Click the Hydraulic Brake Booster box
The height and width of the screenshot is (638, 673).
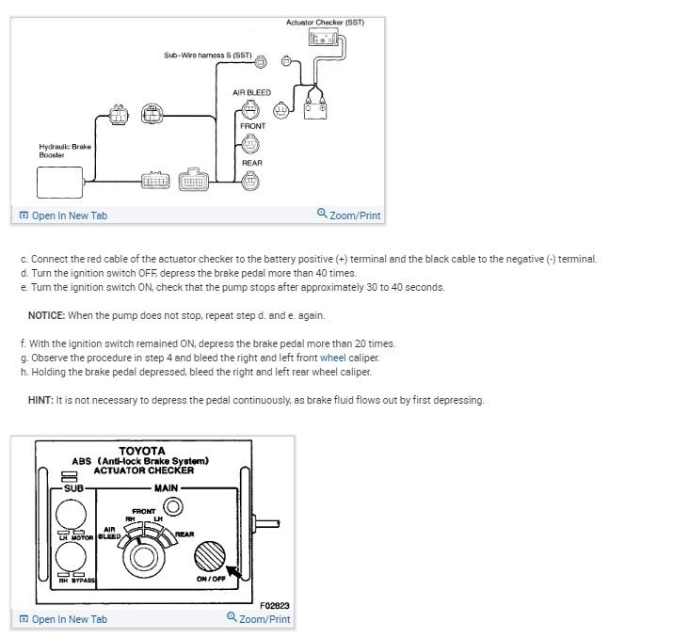pyautogui.click(x=59, y=182)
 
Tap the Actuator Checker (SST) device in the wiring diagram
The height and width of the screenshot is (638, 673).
pyautogui.click(x=324, y=39)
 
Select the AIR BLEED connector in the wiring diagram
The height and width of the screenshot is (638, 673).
pyautogui.click(x=251, y=108)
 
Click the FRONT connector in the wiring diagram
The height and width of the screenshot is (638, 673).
pyautogui.click(x=251, y=144)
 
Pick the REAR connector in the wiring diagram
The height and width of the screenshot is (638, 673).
pyautogui.click(x=249, y=181)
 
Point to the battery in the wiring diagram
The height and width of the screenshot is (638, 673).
pyautogui.click(x=315, y=106)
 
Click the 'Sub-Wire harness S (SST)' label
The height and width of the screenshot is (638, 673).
pyautogui.click(x=208, y=56)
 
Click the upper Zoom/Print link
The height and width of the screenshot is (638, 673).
pyautogui.click(x=350, y=215)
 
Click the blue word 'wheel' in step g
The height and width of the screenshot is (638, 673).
pyautogui.click(x=333, y=358)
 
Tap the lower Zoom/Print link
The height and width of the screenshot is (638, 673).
pyautogui.click(x=260, y=619)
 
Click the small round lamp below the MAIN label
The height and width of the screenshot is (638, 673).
pyautogui.click(x=172, y=508)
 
